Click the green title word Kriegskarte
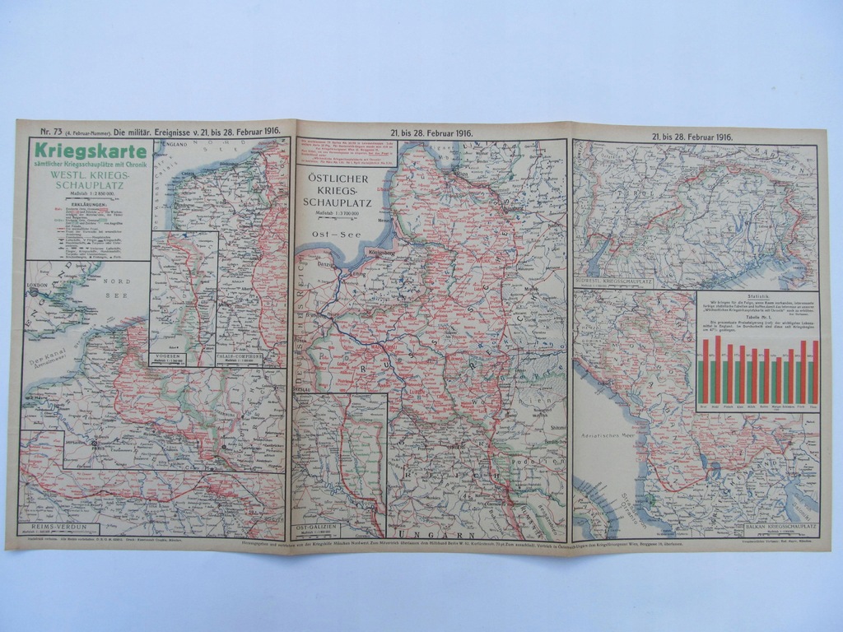click(x=88, y=151)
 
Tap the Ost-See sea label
click(x=331, y=235)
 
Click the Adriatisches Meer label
click(x=607, y=430)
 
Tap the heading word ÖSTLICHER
click(x=336, y=178)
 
